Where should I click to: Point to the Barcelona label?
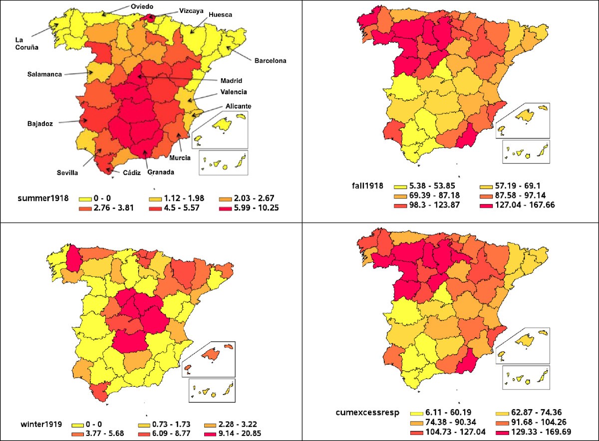(x=271, y=61)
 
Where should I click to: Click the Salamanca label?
(x=45, y=74)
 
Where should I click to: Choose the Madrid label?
(x=231, y=80)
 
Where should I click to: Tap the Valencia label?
(x=233, y=92)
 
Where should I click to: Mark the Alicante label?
(x=238, y=106)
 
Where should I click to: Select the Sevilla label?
(x=67, y=173)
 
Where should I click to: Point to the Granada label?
(x=161, y=173)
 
